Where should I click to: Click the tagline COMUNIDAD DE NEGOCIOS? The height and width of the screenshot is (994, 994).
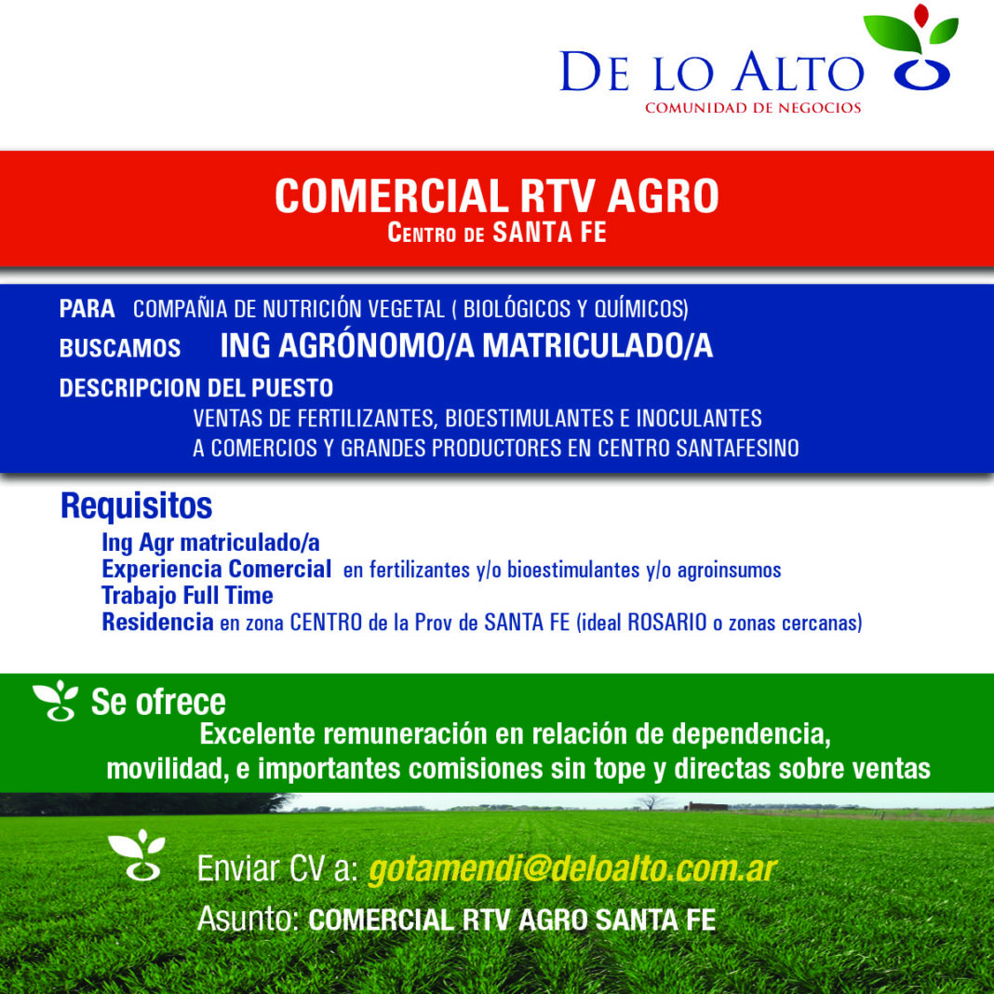[x=753, y=108]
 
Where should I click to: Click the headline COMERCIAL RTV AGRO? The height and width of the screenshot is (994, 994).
[x=496, y=195]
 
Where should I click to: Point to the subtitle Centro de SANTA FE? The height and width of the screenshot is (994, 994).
[x=496, y=233]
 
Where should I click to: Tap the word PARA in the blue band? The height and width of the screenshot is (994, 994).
[x=87, y=309]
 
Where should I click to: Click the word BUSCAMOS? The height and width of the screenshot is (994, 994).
[x=120, y=348]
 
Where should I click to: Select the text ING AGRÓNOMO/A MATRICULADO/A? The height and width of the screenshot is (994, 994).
[x=466, y=345]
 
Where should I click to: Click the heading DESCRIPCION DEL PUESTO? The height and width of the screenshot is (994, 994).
[x=195, y=387]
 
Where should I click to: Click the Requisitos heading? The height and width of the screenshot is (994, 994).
[x=136, y=505]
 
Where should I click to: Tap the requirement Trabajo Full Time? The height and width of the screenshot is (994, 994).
[x=187, y=596]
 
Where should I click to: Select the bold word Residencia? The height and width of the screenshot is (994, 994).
[x=157, y=622]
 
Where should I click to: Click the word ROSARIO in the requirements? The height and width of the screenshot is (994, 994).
[x=667, y=623]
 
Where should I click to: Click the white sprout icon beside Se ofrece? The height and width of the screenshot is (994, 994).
[x=56, y=701]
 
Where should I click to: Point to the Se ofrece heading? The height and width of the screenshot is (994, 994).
[x=158, y=702]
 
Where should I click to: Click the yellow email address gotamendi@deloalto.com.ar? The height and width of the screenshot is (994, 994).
[x=572, y=868]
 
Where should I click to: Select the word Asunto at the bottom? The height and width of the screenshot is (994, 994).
[x=248, y=920]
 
